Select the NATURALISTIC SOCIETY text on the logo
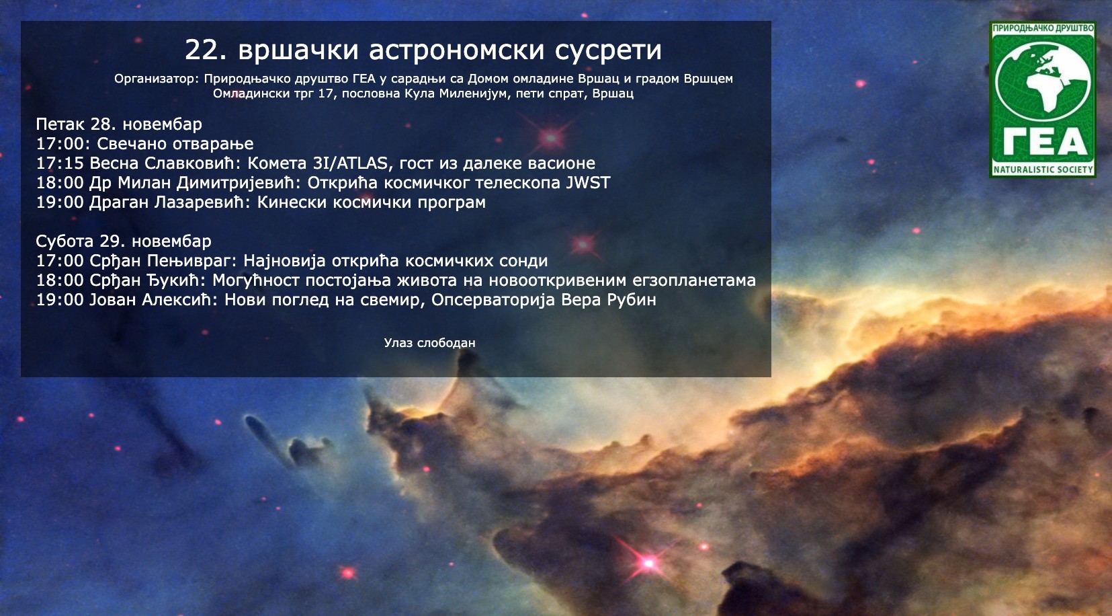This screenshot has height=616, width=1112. click(x=1043, y=169)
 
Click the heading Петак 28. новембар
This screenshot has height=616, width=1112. click(x=119, y=124)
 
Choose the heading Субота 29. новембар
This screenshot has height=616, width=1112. click(x=124, y=241)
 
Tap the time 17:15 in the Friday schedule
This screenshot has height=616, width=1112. click(x=60, y=163)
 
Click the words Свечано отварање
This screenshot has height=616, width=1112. click(x=175, y=144)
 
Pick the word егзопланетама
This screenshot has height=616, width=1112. click(x=694, y=280)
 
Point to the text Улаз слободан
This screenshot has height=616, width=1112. click(x=430, y=343)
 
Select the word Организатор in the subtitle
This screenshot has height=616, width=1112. click(x=157, y=79)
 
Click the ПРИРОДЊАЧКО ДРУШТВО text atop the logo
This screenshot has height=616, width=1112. click(x=1043, y=28)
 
